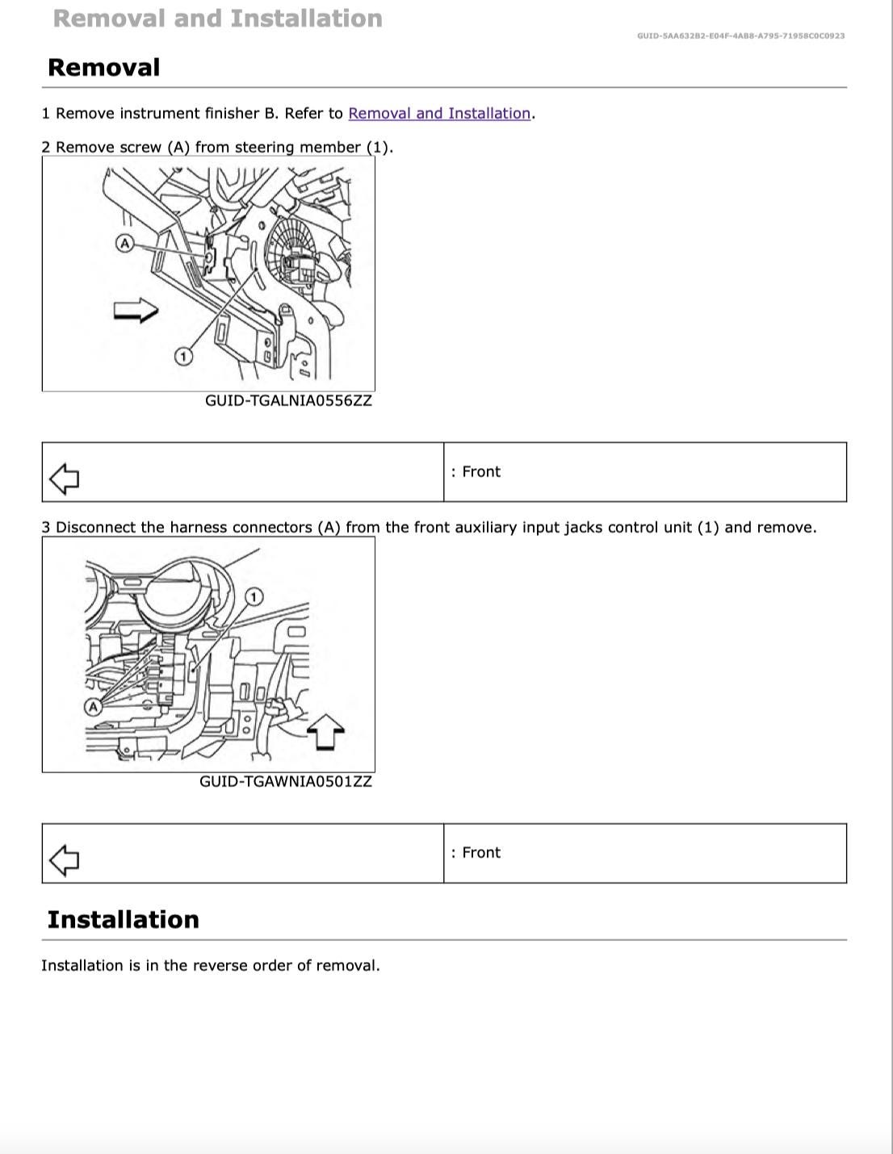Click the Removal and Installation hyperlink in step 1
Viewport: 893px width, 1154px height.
pos(439,114)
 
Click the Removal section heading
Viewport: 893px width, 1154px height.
pos(104,68)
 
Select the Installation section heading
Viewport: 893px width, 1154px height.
pos(123,920)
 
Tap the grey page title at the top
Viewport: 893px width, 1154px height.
pos(217,19)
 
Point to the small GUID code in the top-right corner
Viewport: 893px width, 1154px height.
pos(740,36)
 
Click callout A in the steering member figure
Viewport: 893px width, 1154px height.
pos(124,243)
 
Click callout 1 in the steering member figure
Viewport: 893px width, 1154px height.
pos(184,356)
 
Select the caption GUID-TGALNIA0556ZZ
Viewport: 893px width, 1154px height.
pos(288,401)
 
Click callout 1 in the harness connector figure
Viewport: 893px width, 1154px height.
pos(254,596)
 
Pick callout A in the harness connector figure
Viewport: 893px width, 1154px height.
pos(94,707)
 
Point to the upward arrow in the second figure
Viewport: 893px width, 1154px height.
pos(325,731)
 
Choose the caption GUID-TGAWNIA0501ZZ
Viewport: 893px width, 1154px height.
pos(286,782)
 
